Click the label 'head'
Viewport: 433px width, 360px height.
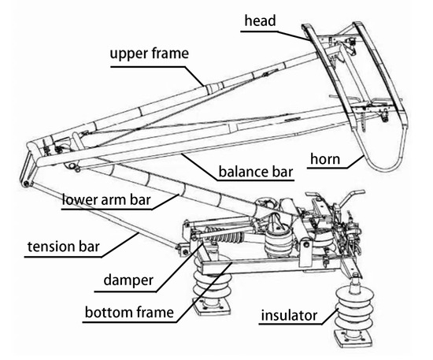coord(260,20)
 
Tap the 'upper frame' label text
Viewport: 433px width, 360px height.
coord(150,54)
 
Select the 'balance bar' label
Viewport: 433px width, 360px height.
coord(256,171)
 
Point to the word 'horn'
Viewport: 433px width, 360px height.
coord(325,159)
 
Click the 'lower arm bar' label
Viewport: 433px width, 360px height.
coord(106,199)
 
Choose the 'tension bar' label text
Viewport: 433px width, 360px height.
coord(64,247)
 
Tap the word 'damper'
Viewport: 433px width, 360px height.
coord(128,280)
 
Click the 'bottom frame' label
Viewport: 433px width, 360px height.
coord(129,312)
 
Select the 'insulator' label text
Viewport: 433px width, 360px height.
coord(289,315)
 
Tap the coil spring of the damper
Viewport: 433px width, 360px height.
coord(224,235)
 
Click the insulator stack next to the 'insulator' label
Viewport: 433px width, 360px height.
coord(354,306)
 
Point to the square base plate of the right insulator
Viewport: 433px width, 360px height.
coord(354,339)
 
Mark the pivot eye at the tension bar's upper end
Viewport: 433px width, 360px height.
coord(26,184)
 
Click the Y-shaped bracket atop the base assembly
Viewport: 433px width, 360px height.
coord(350,197)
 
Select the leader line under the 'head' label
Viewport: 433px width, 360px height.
coord(276,35)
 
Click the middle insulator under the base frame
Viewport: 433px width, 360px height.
coord(279,243)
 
